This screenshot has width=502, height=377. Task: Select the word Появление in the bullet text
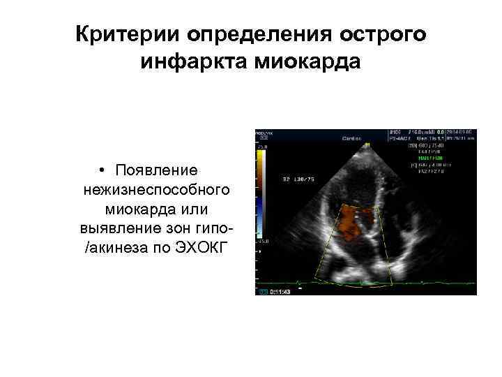[157, 171]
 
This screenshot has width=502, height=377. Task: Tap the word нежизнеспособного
[156, 191]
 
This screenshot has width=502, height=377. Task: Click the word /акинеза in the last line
[112, 249]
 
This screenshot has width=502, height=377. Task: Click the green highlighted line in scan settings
[426, 157]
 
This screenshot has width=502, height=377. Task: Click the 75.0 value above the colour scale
[262, 147]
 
